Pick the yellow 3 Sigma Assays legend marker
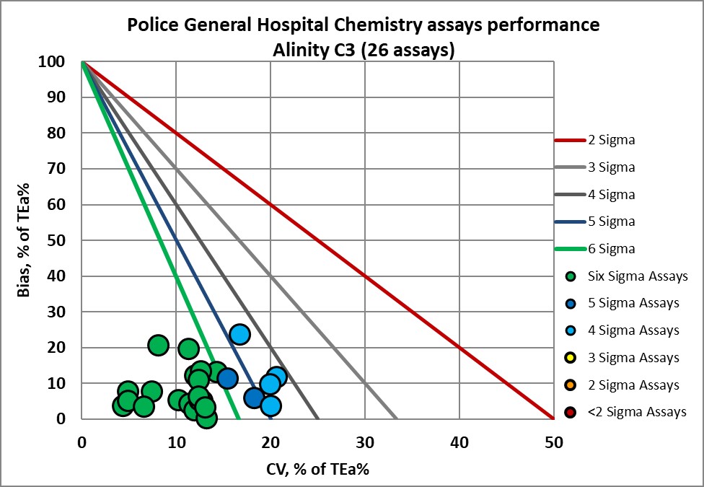(571, 358)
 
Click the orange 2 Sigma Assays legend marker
(571, 385)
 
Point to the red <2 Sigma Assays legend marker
(571, 413)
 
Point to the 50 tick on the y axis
(60, 240)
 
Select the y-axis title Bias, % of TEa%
(23, 240)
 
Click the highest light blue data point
(239, 335)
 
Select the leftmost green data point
(123, 406)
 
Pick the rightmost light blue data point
(277, 377)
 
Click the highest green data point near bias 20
(159, 346)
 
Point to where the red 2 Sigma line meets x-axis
(553, 418)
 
